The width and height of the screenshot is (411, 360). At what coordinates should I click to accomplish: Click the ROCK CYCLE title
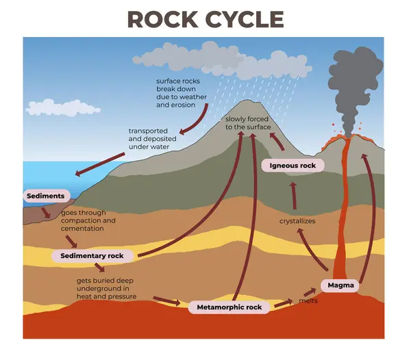206,18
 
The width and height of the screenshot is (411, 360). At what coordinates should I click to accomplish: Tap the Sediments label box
46,196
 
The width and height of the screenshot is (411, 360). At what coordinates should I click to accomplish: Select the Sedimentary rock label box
92,256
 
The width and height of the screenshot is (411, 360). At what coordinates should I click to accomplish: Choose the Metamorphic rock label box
229,307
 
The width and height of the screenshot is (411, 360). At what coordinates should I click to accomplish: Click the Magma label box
340,285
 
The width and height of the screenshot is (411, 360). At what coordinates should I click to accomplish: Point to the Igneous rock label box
292,165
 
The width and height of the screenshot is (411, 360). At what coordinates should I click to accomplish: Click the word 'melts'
308,300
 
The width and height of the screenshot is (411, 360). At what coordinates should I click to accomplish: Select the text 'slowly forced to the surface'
248,123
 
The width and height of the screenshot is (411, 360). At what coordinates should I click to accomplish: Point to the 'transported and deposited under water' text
153,139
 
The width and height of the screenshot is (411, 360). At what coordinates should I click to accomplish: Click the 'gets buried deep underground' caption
107,288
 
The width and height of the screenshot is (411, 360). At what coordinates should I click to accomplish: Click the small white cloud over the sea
63,107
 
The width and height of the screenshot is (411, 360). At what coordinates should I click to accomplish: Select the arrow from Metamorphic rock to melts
282,303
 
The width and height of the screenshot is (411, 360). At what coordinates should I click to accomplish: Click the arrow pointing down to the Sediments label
103,164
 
